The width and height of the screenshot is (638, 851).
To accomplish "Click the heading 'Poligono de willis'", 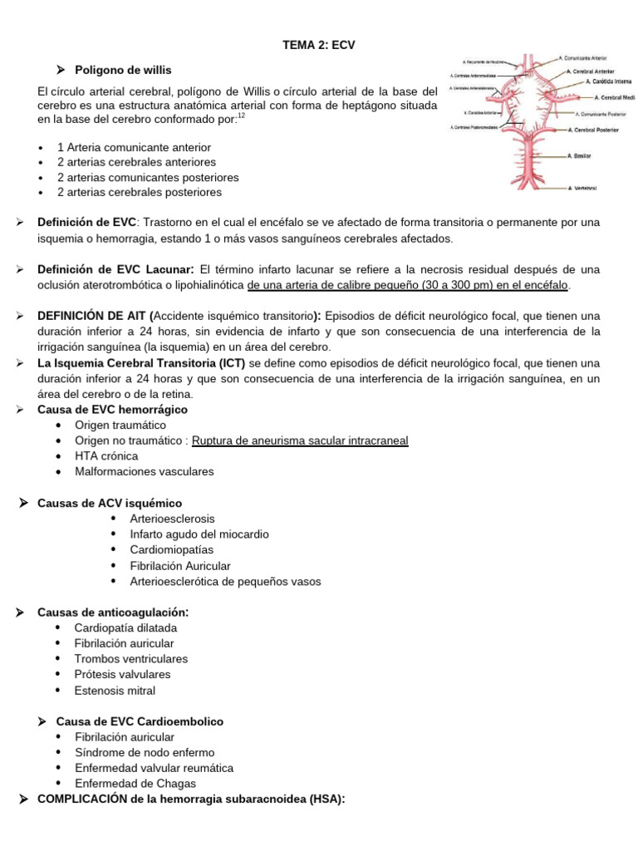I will coord(123,70).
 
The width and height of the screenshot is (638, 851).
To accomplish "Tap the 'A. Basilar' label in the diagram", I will coord(581,155).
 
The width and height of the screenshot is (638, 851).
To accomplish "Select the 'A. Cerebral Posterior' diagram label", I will coord(599,130).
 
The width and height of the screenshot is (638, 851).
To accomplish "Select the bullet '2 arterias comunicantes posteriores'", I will coord(148,177).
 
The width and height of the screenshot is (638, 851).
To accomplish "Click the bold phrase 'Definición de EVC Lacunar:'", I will coord(115,270).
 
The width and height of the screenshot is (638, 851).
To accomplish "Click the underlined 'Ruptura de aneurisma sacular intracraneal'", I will coord(300,440).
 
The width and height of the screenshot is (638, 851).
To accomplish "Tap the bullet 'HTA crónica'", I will coord(106,456).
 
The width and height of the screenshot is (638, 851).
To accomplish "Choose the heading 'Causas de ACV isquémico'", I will coord(110,503).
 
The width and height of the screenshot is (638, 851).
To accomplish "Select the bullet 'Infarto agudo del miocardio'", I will coord(199,534).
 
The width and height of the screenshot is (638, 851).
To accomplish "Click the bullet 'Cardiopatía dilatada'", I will coord(125,627).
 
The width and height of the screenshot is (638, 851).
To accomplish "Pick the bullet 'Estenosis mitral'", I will coord(115,690).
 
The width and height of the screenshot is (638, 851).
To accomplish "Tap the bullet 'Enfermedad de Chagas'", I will coord(135,783).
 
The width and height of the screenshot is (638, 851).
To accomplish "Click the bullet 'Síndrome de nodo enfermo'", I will coord(145,752).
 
